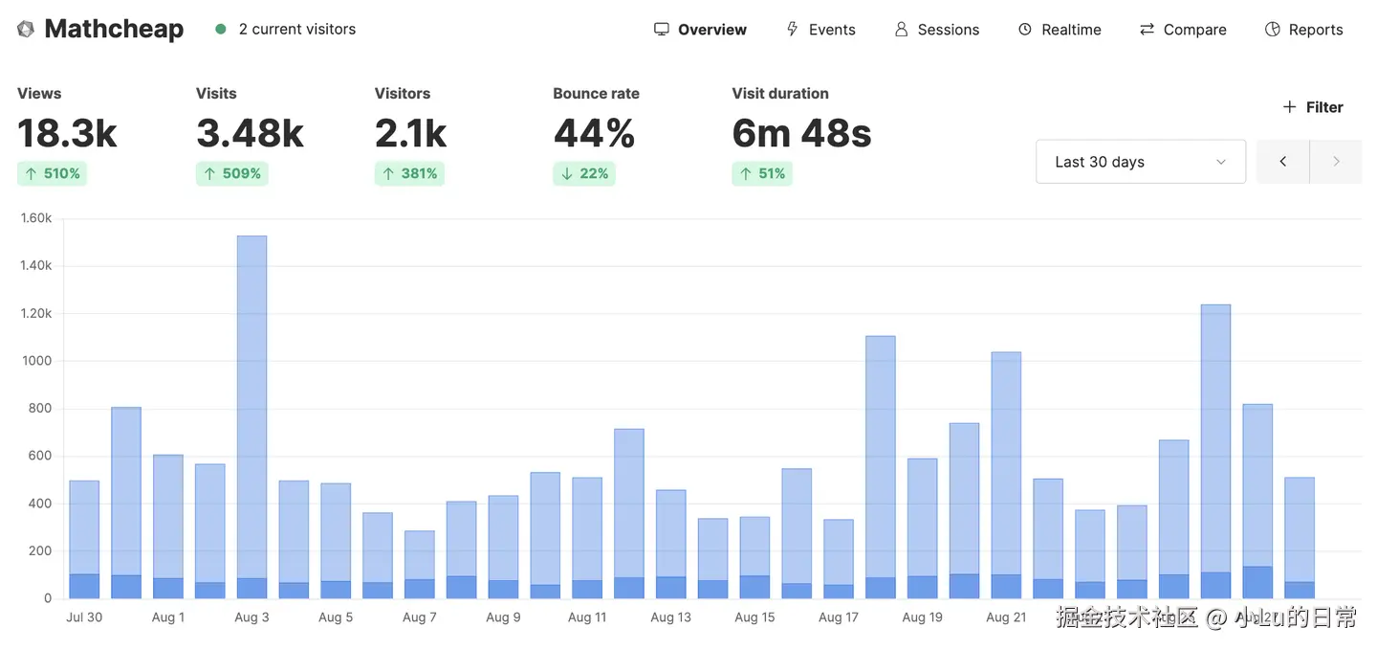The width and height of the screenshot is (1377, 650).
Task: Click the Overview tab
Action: (701, 30)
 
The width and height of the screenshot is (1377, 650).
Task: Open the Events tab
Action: (820, 30)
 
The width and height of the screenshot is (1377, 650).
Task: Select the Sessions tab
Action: (937, 30)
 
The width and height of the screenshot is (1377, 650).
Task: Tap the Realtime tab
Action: (1060, 30)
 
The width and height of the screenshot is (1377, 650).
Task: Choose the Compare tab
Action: (1183, 30)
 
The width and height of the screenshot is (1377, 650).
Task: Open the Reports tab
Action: (1303, 30)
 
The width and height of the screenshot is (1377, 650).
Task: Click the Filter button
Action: (1313, 107)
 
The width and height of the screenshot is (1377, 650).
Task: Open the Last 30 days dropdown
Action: (1140, 162)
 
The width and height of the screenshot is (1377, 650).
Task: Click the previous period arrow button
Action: (1282, 162)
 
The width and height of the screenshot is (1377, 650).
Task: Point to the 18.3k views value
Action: (67, 134)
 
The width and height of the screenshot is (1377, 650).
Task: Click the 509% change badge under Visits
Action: (231, 173)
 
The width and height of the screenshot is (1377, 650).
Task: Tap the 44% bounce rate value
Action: (594, 134)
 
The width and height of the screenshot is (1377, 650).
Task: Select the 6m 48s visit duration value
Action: (801, 134)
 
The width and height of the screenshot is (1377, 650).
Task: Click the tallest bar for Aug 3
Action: (251, 412)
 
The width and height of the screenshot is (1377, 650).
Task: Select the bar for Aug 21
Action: (1006, 469)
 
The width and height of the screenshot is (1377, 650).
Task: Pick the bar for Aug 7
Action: (420, 560)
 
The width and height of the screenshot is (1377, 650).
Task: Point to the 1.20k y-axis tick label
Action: (36, 313)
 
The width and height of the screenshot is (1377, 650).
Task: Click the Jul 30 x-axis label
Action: (84, 617)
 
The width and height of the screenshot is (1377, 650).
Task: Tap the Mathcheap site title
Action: (114, 29)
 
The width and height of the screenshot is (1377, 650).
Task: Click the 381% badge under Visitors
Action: (409, 173)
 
